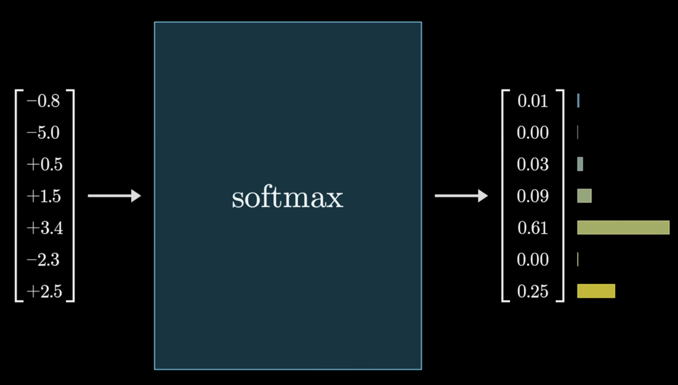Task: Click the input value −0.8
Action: [43, 101]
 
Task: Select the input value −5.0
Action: [43, 133]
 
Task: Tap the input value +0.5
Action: [44, 164]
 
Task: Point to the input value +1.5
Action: [44, 196]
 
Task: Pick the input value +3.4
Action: [45, 228]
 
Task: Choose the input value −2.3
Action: [43, 260]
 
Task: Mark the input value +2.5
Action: [44, 291]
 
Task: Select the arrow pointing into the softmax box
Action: [114, 196]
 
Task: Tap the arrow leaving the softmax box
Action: [461, 196]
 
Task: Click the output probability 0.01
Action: [533, 101]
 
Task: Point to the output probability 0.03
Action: [533, 164]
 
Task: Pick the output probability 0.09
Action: [533, 196]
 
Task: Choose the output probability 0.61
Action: [533, 228]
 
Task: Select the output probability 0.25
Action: [533, 291]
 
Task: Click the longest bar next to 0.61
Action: [623, 228]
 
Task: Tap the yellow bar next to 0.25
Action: [596, 291]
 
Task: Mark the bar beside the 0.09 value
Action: [584, 196]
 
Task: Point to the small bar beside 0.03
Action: [580, 164]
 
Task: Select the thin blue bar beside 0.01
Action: [578, 101]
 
